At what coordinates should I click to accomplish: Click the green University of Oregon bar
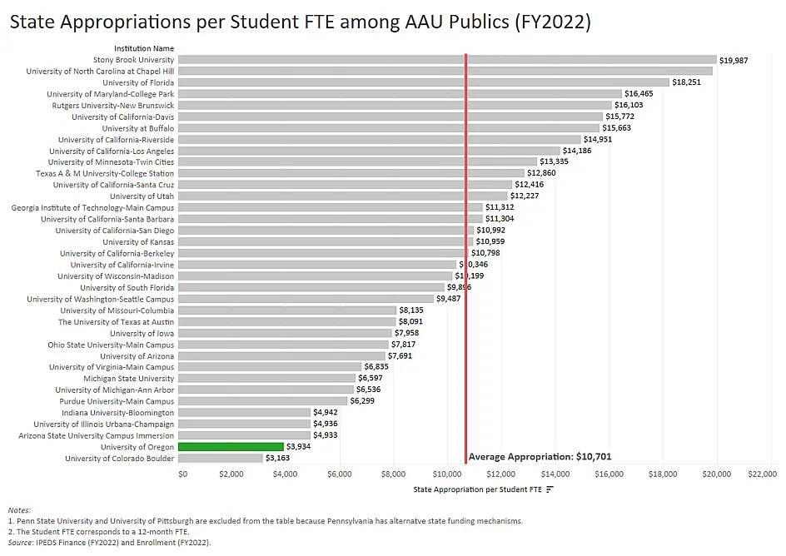pyautogui.click(x=231, y=447)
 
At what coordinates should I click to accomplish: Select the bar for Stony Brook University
pyautogui.click(x=447, y=60)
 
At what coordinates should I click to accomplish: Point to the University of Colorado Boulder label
pyautogui.click(x=119, y=459)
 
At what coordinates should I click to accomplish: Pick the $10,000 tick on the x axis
pyautogui.click(x=447, y=474)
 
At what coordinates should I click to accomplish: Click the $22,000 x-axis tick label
pyautogui.click(x=763, y=474)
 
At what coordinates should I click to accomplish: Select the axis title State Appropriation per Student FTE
pyautogui.click(x=478, y=489)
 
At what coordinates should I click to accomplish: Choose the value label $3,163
pyautogui.click(x=277, y=459)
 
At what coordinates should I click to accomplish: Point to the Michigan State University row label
pyautogui.click(x=128, y=379)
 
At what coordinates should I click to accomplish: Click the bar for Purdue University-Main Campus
pyautogui.click(x=262, y=401)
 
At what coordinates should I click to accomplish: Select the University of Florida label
pyautogui.click(x=138, y=82)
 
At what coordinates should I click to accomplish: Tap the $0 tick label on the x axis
pyautogui.click(x=183, y=474)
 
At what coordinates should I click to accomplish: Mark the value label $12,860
pyautogui.click(x=541, y=173)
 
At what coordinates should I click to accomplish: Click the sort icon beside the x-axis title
pyautogui.click(x=550, y=489)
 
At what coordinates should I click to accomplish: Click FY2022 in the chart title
pyautogui.click(x=561, y=22)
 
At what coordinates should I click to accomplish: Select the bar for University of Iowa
pyautogui.click(x=285, y=333)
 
